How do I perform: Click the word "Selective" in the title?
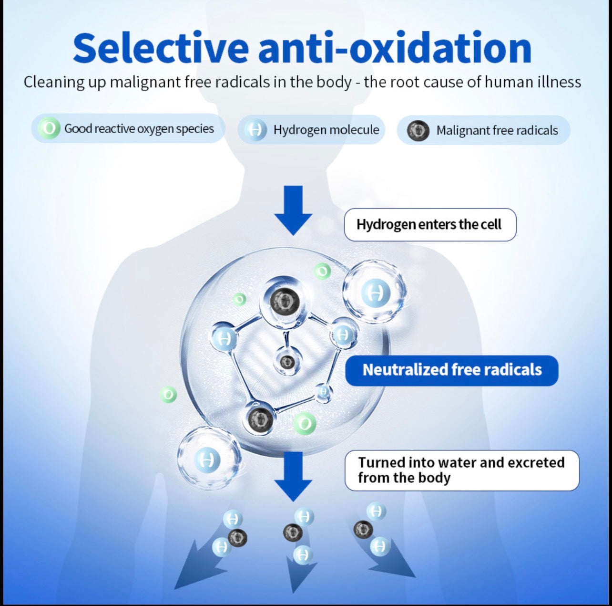tap(160, 48)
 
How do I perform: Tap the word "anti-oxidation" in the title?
tap(395, 48)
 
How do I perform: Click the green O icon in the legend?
tap(49, 128)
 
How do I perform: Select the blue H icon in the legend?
tap(255, 130)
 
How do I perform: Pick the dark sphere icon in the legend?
tap(418, 130)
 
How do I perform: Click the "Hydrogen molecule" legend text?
tap(326, 130)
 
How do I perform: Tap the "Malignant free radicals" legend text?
tap(497, 130)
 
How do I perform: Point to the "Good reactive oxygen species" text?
tap(139, 129)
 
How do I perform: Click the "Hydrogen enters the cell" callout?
tap(430, 225)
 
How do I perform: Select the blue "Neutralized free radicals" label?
tap(452, 370)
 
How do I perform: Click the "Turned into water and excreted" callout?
tap(462, 470)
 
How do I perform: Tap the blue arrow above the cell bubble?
tap(293, 210)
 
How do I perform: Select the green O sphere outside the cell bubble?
tap(168, 395)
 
